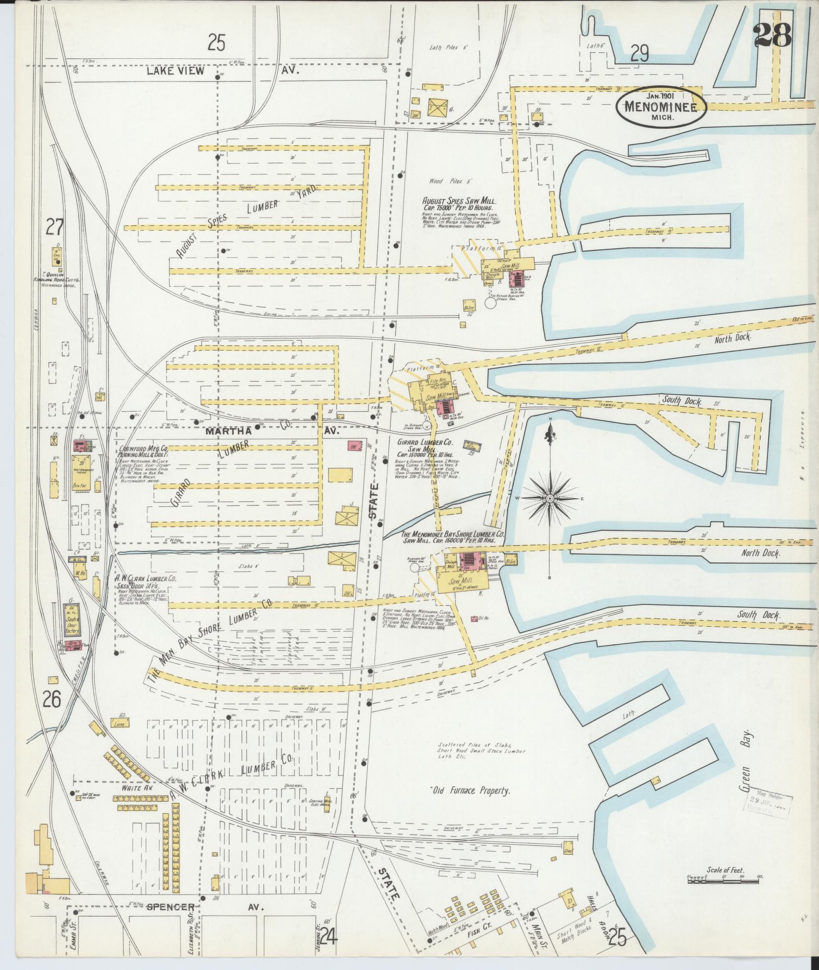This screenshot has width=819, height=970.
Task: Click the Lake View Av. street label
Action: tap(222, 71)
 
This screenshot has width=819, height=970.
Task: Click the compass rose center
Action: tap(549, 498)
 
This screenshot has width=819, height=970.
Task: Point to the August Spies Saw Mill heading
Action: tap(459, 201)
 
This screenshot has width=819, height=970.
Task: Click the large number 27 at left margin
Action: tap(54, 228)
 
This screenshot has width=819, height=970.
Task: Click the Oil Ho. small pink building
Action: tap(474, 618)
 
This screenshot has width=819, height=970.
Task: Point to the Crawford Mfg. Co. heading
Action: tap(143, 448)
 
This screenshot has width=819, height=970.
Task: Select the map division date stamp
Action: tap(769, 801)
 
